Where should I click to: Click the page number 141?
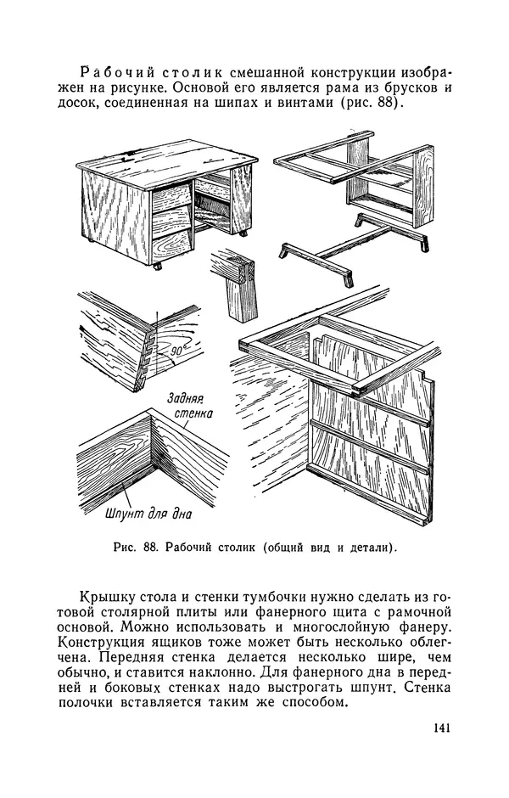442,728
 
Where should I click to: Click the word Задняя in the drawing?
185,397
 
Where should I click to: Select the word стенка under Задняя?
193,413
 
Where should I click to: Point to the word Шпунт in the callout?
124,514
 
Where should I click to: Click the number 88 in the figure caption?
149,548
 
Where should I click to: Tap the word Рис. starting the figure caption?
125,548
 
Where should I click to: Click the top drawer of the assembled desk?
172,196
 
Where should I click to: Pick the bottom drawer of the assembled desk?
172,246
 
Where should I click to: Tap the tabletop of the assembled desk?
167,162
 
